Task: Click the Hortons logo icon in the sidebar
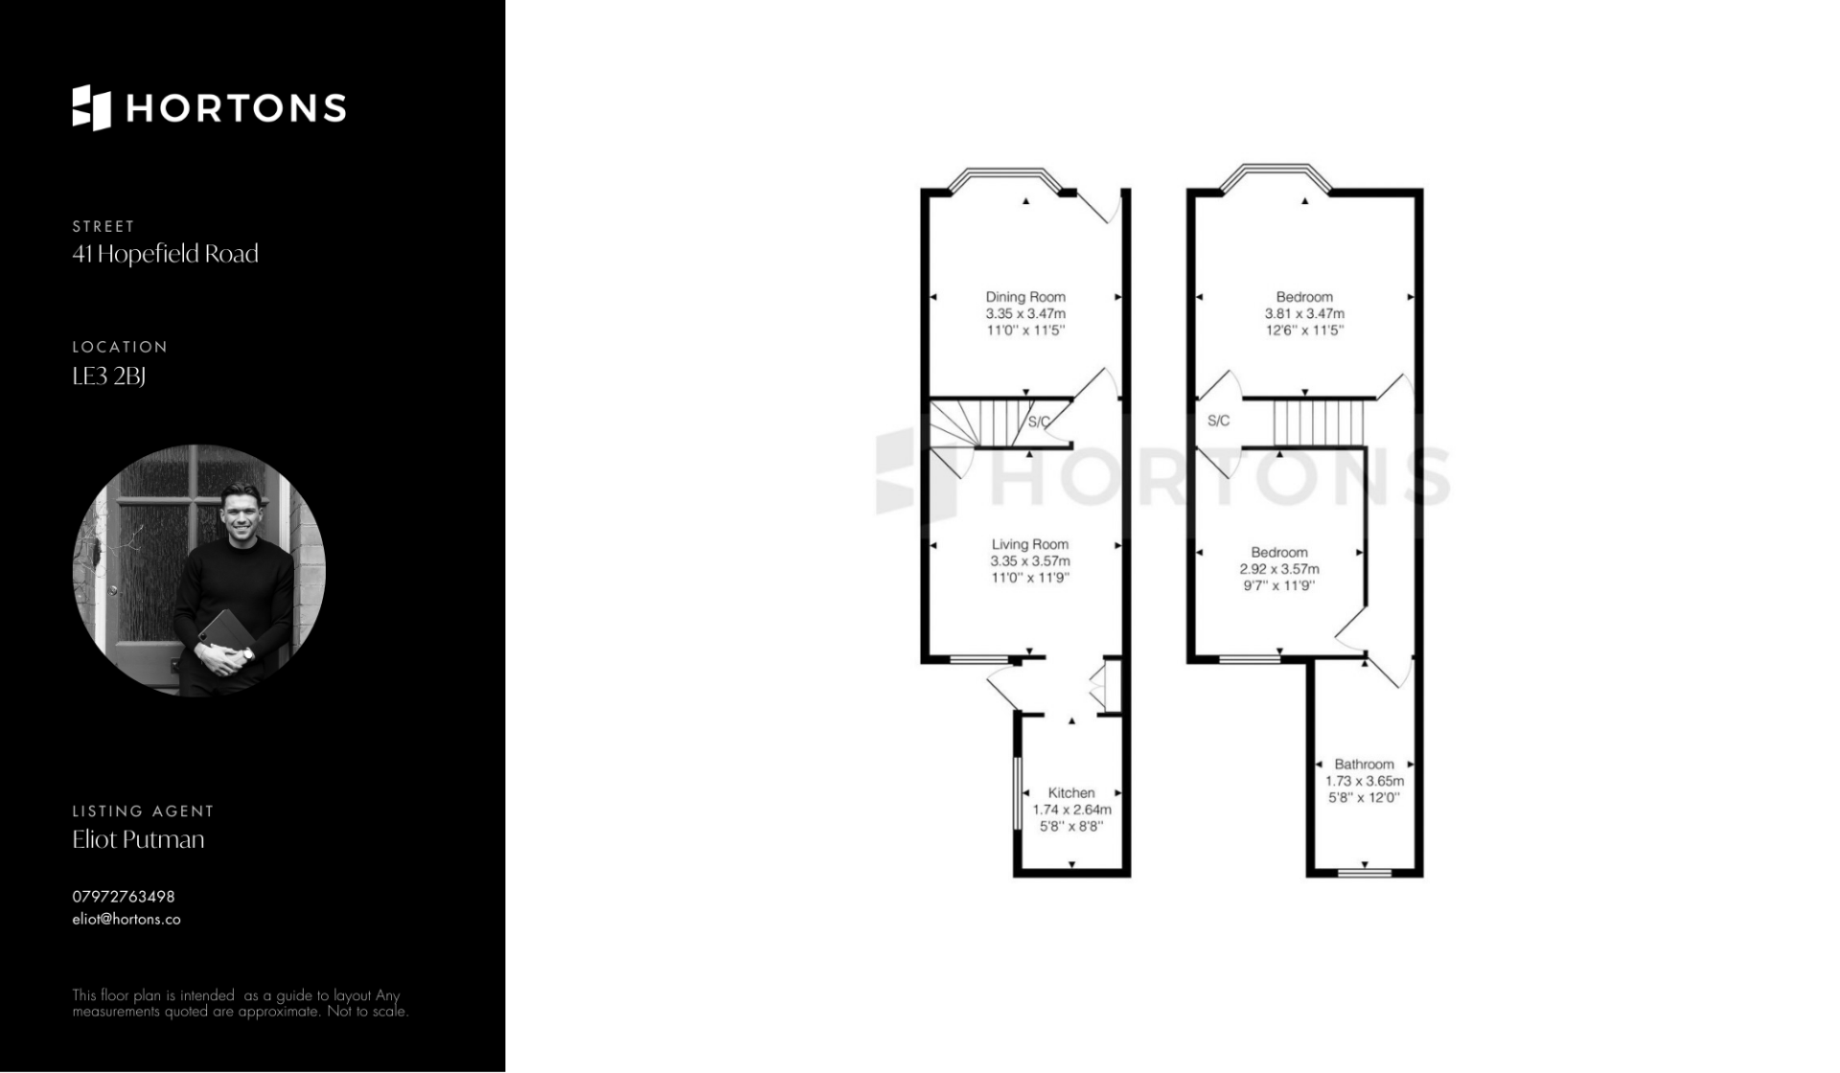[92, 107]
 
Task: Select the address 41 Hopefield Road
[165, 254]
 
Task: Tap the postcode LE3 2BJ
[108, 377]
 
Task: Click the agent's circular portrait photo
[199, 571]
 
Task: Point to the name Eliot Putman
[138, 839]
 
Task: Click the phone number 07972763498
[124, 897]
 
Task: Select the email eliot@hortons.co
[126, 920]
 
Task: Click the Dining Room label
[1025, 297]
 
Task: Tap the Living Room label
[1030, 544]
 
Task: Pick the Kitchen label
[1071, 793]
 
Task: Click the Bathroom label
[1365, 765]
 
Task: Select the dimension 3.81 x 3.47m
[1304, 313]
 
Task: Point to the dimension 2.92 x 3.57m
[1279, 569]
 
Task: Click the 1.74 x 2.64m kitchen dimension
[1071, 810]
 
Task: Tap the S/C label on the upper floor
[1218, 421]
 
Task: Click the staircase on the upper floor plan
[1318, 423]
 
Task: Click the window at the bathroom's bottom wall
[1365, 872]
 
